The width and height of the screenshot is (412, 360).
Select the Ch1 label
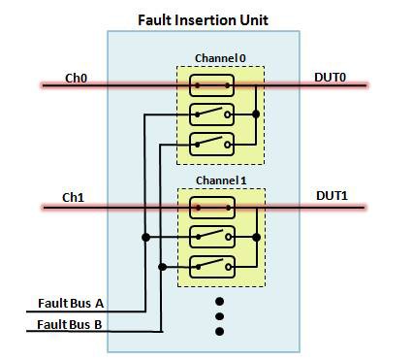tap(74, 197)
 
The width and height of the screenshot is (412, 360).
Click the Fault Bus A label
tap(71, 303)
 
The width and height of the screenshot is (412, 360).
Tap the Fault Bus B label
tap(71, 323)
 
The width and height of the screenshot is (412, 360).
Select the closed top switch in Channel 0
tap(211, 85)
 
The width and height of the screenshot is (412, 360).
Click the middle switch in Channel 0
tap(211, 115)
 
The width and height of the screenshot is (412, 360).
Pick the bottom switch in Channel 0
tap(211, 144)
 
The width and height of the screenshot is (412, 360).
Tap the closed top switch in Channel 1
tap(211, 207)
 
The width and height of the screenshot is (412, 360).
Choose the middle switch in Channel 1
tap(211, 236)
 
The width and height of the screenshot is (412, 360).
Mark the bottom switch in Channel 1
tap(211, 265)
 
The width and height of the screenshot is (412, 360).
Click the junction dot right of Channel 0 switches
tap(255, 115)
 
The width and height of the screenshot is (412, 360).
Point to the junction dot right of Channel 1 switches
tap(255, 236)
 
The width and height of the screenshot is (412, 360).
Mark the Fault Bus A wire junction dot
tap(145, 236)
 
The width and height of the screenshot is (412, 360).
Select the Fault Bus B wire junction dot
tap(163, 266)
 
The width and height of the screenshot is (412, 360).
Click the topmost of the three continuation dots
tap(219, 300)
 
